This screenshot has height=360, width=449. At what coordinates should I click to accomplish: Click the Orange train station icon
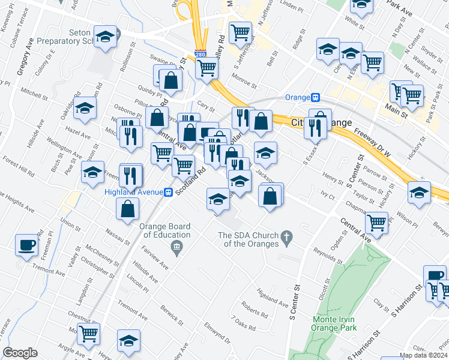coord(315,97)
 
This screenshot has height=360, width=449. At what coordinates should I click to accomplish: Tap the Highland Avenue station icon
coord(169,192)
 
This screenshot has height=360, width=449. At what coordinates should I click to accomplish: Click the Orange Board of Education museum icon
coord(177,247)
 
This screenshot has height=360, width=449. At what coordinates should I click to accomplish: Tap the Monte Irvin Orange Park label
coord(334,323)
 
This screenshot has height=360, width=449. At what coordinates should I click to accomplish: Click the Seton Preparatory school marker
coord(105,38)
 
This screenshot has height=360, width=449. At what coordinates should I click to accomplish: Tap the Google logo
coord(20,353)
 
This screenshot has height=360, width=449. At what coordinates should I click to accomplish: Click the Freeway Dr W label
coord(372,142)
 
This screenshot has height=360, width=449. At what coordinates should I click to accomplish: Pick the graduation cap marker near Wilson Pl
coord(418,192)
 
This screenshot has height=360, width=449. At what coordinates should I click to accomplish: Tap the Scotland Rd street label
coord(196,178)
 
